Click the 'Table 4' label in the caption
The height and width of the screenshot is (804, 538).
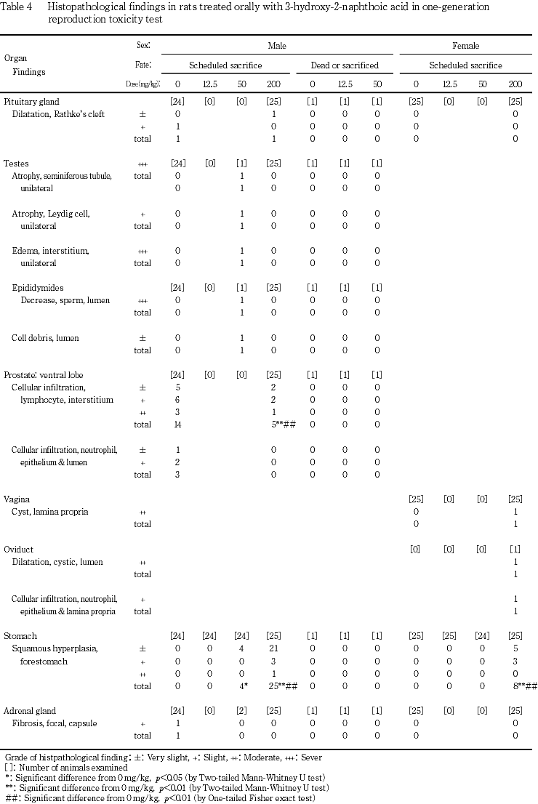pyautogui.click(x=19, y=7)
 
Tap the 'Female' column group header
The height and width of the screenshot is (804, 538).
pyautogui.click(x=466, y=45)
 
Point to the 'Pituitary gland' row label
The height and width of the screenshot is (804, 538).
pyautogui.click(x=32, y=101)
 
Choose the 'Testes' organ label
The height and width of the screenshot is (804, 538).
pyautogui.click(x=16, y=164)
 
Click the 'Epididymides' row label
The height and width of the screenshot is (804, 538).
pyautogui.click(x=38, y=288)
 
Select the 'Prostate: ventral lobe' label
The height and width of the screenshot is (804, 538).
pyautogui.click(x=43, y=374)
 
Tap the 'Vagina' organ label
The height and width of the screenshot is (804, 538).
pyautogui.click(x=17, y=499)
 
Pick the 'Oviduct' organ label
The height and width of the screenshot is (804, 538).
pyautogui.click(x=19, y=549)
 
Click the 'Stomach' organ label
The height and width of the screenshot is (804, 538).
pyautogui.click(x=20, y=636)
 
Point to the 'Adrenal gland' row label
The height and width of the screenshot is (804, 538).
pyautogui.click(x=30, y=710)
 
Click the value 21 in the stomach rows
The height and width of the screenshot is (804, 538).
pyautogui.click(x=273, y=648)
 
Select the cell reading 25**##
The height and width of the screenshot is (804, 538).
pyautogui.click(x=281, y=686)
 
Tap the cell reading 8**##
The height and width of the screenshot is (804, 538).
pyautogui.click(x=520, y=686)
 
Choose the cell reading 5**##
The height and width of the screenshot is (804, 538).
pyautogui.click(x=281, y=424)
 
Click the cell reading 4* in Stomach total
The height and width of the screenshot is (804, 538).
pyautogui.click(x=244, y=686)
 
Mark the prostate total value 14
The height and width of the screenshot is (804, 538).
pyautogui.click(x=177, y=424)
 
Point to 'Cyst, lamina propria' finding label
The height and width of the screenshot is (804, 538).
pyautogui.click(x=50, y=511)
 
